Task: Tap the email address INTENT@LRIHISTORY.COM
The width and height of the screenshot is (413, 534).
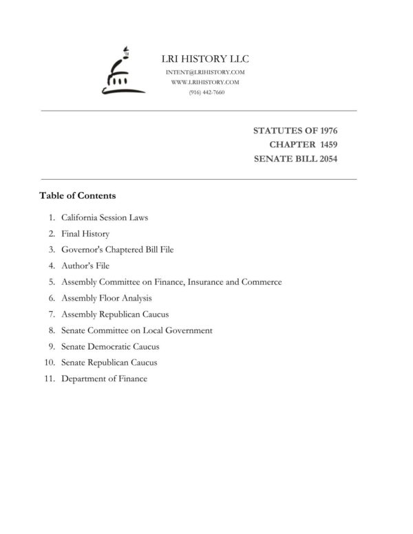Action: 205,72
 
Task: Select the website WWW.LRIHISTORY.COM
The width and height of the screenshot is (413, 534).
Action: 205,82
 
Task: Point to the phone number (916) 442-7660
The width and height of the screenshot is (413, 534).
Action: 206,92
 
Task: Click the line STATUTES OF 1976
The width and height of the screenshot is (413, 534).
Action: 295,130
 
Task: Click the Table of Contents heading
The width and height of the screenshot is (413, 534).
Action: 77,195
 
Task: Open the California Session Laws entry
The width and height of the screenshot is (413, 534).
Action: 105,217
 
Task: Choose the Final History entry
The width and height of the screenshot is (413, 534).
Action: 85,234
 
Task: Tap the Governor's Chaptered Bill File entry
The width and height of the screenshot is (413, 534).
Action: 117,250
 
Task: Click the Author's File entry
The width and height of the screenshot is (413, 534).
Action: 85,266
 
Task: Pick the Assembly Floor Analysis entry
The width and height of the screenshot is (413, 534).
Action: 106,298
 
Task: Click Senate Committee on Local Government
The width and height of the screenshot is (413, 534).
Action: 136,330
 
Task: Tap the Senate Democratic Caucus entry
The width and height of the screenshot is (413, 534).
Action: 110,346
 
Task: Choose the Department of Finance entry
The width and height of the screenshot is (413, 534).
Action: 104,378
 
